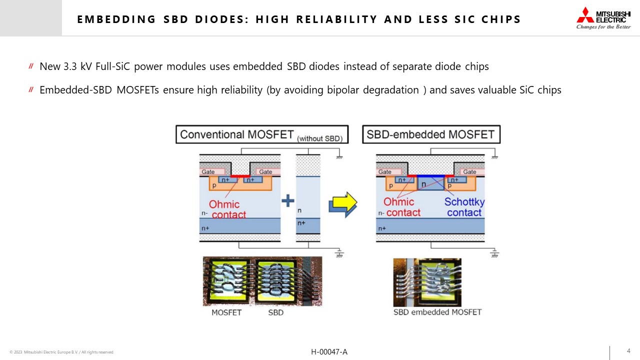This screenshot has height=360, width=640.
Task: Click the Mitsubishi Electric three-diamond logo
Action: coord(585,15)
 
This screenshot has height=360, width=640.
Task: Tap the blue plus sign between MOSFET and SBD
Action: coord(287,200)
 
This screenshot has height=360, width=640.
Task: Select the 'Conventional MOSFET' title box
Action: coord(262,134)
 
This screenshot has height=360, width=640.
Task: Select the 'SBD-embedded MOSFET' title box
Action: coord(431,134)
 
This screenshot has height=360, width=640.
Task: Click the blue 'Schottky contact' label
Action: coord(464,207)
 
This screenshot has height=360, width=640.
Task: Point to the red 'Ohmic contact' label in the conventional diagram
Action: coord(227,209)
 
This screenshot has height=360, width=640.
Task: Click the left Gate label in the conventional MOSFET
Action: coord(208,171)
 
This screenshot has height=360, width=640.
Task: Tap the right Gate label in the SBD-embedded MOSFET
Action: coord(469,171)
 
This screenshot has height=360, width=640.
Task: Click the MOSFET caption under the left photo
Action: coord(226,312)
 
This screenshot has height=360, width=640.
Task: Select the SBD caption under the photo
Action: coord(275,312)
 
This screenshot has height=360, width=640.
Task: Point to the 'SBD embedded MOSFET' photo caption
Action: coord(437,312)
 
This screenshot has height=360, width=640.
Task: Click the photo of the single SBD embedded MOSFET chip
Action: coord(427,282)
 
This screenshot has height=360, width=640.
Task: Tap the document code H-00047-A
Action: coord(329,351)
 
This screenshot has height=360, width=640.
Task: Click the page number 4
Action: coord(628,351)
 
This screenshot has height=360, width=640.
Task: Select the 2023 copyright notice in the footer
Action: coord(61,352)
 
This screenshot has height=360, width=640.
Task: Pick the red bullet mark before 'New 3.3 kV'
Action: coord(31,66)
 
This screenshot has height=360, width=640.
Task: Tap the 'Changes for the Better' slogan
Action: coord(603,27)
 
